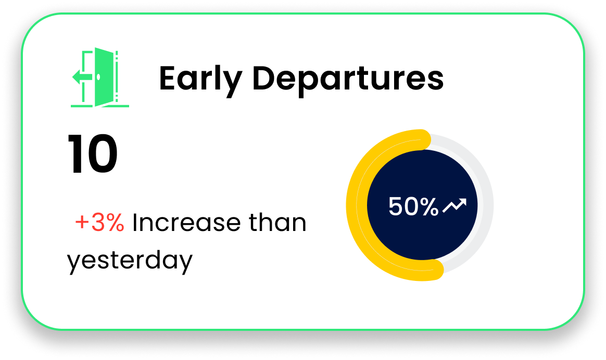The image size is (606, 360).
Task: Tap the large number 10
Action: point(93,154)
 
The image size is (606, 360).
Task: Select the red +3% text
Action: point(99,222)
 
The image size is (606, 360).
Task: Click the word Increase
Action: point(186,222)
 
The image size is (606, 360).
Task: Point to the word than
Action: point(277,222)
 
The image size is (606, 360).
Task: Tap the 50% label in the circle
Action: point(413,206)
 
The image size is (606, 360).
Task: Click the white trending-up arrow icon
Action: point(455,205)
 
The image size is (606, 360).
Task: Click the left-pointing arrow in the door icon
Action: point(82,77)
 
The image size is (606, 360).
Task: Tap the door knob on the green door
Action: point(98,77)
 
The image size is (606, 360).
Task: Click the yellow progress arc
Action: point(357,205)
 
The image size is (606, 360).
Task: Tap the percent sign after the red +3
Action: point(115,222)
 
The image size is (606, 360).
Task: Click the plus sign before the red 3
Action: point(82,222)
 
